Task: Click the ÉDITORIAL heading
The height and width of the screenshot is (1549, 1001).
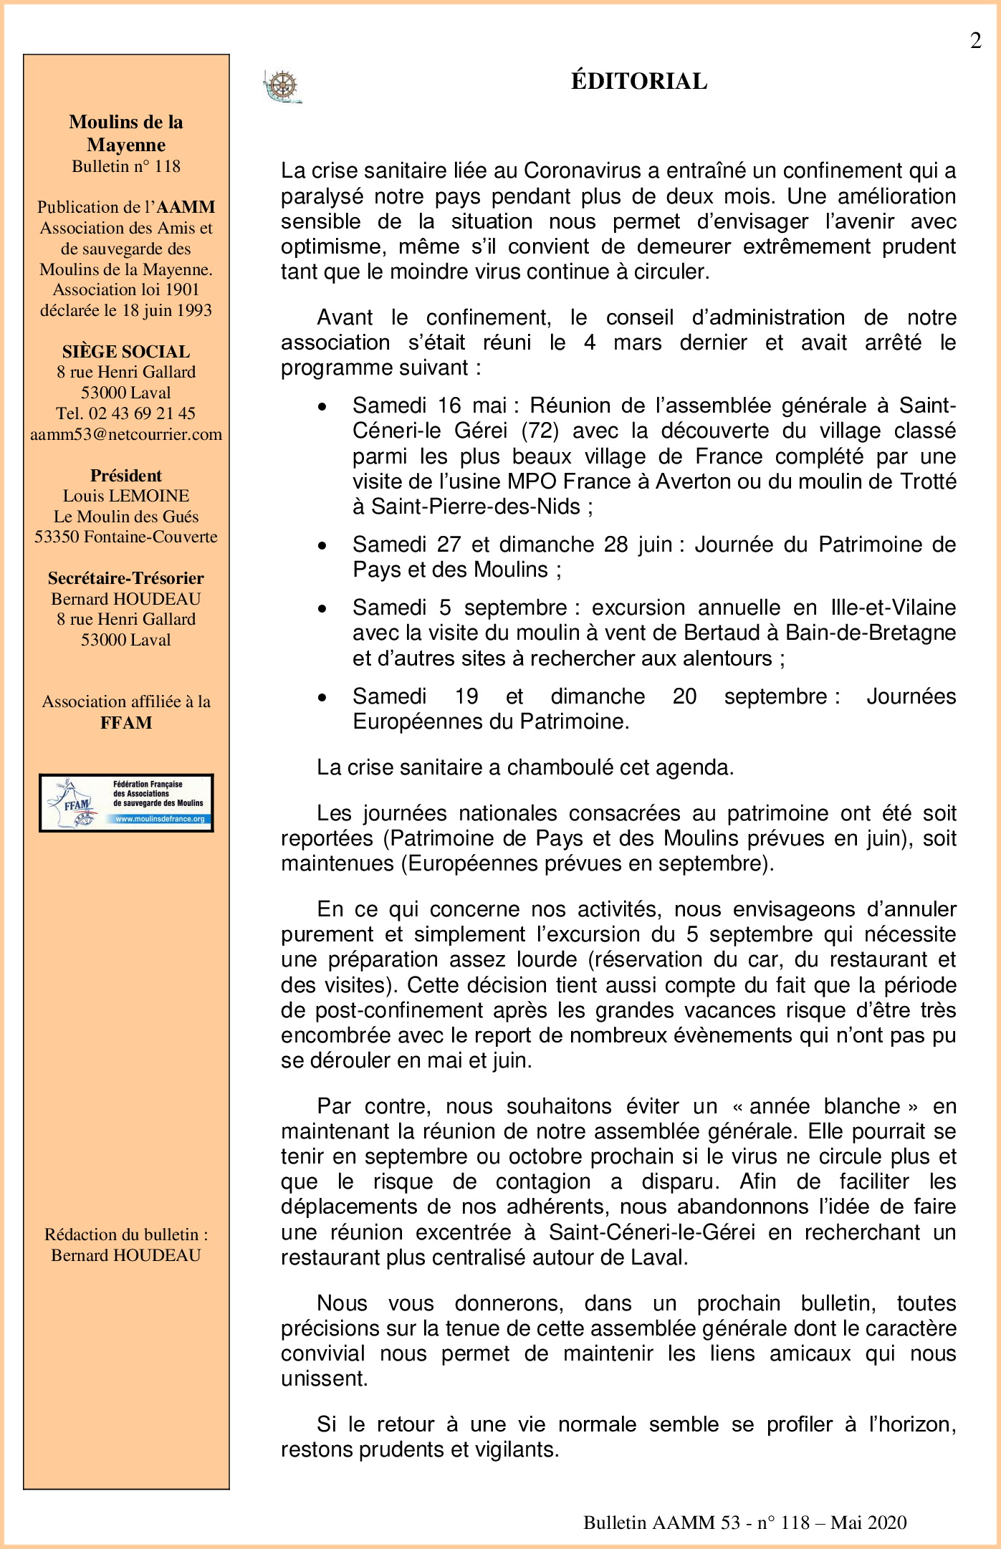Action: point(638,81)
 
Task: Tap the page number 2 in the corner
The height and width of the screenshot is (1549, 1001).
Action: point(975,42)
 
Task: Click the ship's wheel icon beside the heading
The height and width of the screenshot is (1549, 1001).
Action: point(282,87)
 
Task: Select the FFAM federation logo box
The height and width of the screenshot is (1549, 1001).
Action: point(126,802)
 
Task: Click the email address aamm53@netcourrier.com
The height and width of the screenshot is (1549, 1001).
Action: point(126,434)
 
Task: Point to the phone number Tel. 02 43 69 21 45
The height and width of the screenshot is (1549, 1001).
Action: point(126,413)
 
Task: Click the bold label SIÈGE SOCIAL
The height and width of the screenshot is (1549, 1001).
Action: point(126,352)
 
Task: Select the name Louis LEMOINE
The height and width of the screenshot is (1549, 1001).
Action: point(126,496)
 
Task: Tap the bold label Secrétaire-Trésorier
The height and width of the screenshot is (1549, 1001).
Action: point(126,578)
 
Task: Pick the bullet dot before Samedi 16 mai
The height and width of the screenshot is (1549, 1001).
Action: point(323,406)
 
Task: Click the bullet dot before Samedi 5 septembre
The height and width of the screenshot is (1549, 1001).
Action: point(323,608)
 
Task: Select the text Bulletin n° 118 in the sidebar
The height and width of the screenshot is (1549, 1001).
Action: point(126,166)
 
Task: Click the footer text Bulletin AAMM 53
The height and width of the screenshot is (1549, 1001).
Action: point(661,1522)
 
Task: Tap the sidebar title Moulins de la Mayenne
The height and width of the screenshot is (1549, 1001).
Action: point(126,133)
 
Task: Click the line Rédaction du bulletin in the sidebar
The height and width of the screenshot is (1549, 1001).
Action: point(126,1234)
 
